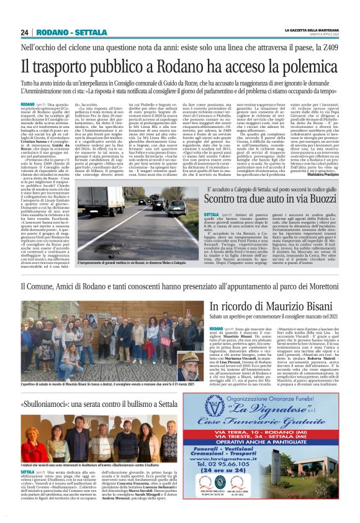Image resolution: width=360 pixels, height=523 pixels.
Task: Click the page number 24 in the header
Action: click(x=24, y=32)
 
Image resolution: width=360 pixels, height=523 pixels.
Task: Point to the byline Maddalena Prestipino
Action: click(x=322, y=173)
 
